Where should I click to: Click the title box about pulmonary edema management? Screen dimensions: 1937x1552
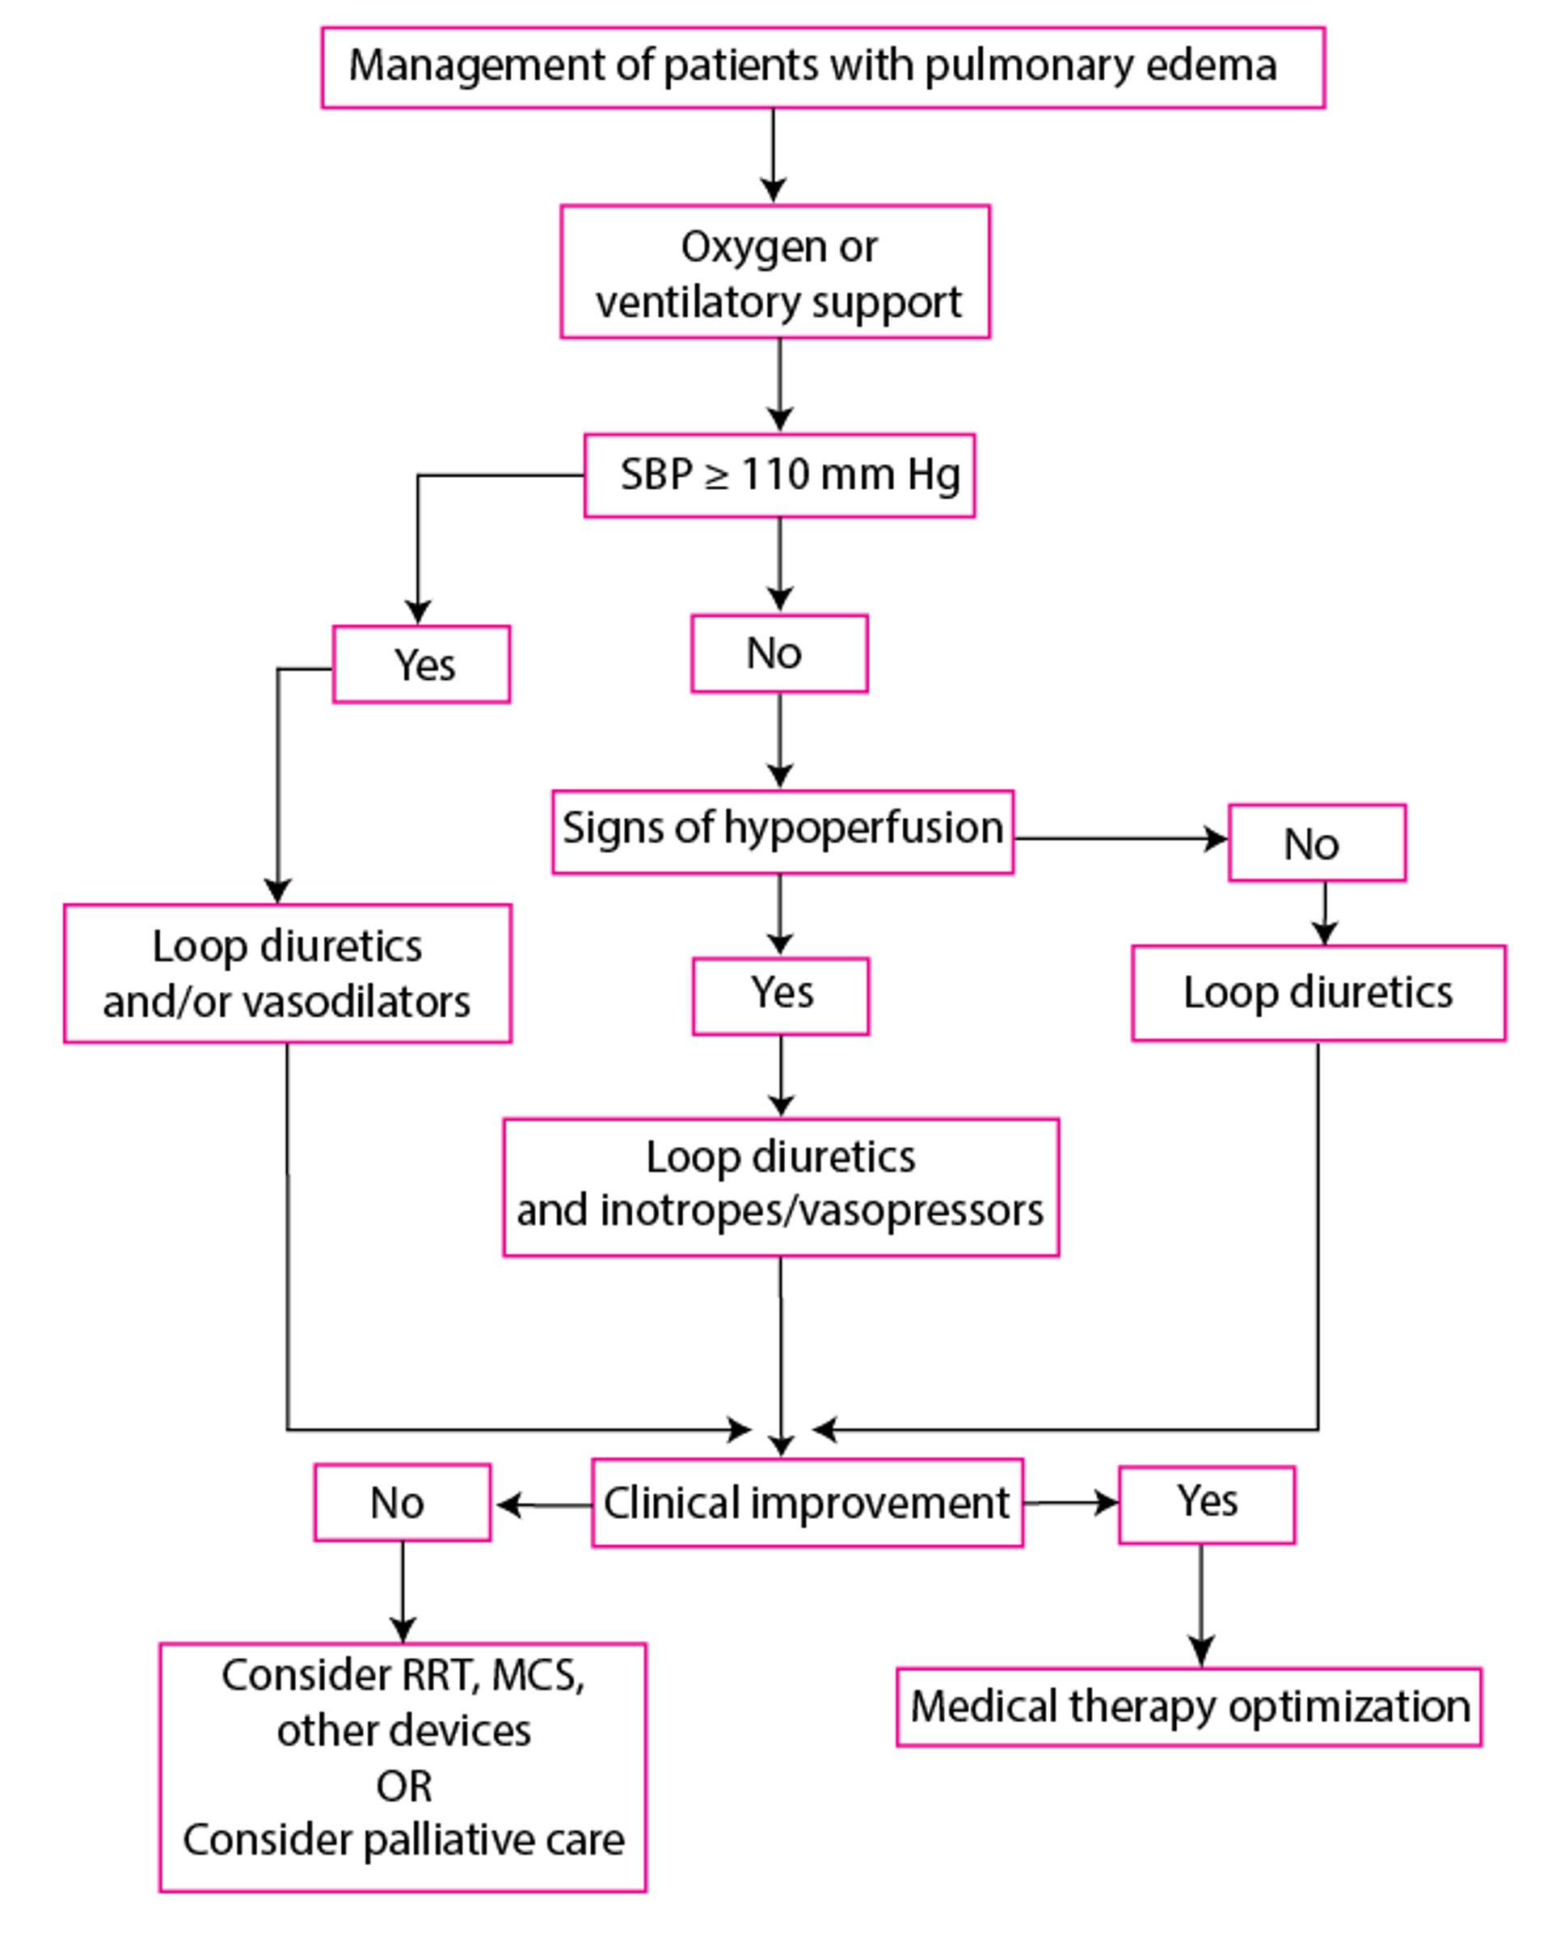tap(822, 67)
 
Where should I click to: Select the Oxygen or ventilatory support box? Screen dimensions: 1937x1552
tap(774, 272)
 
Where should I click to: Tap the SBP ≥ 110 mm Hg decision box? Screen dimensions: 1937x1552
tap(778, 475)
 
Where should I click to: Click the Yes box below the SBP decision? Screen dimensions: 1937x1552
tap(421, 665)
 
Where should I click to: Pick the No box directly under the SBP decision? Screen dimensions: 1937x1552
tap(778, 653)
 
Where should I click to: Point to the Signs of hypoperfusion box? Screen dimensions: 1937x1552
tap(782, 831)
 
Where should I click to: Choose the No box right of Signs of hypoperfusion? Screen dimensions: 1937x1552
tap(1316, 842)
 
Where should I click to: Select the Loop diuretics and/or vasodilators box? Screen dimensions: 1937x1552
tap(288, 973)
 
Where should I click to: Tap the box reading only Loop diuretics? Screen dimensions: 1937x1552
tap(1318, 993)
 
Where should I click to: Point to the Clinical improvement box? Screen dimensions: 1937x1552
tap(807, 1503)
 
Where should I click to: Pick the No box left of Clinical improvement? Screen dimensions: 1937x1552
tap(403, 1503)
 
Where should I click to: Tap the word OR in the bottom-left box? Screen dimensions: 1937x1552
tap(403, 1786)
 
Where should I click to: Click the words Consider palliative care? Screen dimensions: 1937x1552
tap(403, 1841)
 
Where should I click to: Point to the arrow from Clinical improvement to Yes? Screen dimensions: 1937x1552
tap(1070, 1503)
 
